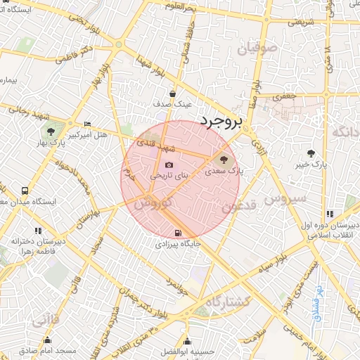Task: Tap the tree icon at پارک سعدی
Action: tap(224, 159)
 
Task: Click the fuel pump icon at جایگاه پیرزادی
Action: tap(177, 233)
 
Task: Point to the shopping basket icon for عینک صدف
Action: tap(172, 94)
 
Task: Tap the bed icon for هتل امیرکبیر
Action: tap(86, 124)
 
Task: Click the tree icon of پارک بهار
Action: tap(50, 131)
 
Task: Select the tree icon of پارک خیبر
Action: tap(311, 153)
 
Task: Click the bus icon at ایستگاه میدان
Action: tap(25, 191)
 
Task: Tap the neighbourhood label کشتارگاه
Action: tap(225, 302)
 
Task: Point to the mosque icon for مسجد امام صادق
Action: tap(41, 338)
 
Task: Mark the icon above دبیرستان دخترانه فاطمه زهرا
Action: tap(37, 230)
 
